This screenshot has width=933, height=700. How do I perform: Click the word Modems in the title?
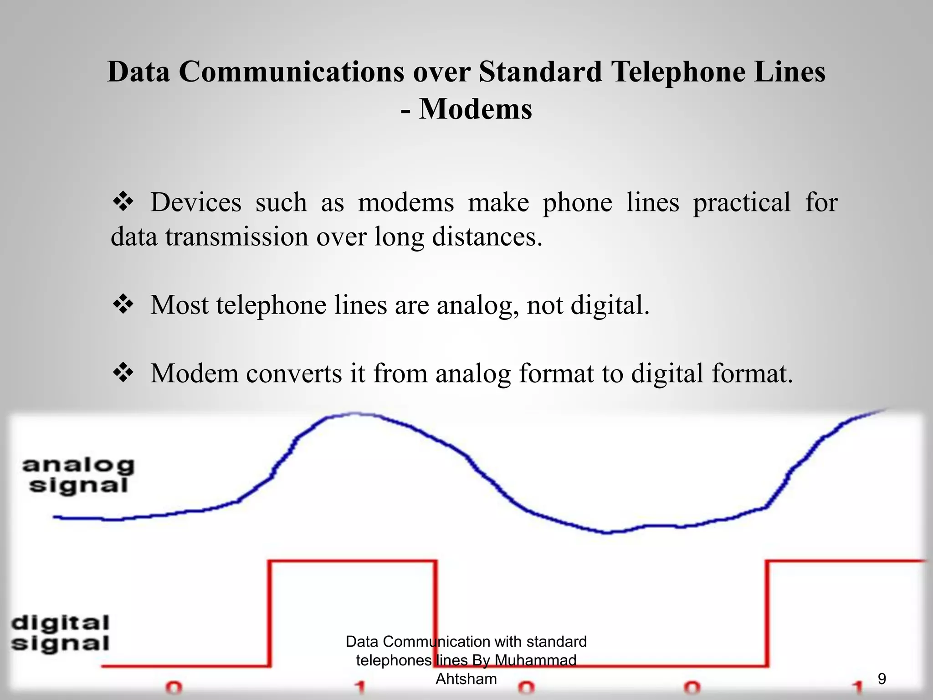pos(475,109)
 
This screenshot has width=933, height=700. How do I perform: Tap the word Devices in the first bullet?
pos(196,202)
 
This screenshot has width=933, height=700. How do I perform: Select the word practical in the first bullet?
pos(742,202)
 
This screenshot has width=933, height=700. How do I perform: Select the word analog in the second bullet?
pos(477,305)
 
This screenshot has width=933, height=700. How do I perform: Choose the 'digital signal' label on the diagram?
pos(61,633)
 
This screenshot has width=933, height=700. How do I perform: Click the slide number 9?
pos(882,679)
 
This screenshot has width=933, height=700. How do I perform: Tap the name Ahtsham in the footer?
pos(466,679)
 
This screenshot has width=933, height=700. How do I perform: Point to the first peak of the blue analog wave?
pos(355,414)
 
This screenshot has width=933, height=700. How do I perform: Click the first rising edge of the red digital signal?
pos(270,613)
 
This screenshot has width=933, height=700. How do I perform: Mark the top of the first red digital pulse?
pos(353,561)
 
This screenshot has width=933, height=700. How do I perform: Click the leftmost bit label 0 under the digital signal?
pos(174,687)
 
